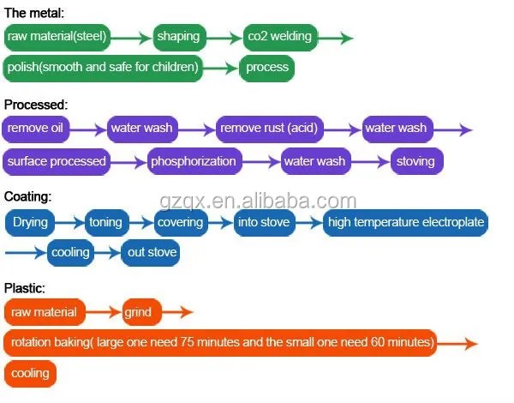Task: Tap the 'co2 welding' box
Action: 279,37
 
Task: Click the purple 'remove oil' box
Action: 35,129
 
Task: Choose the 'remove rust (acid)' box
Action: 269,129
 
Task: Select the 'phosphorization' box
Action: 193,160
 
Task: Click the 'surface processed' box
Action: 57,160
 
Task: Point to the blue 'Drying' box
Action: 31,223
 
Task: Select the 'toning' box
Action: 106,223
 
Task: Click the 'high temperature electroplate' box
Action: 406,223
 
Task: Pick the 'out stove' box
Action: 152,252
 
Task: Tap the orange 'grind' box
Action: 139,312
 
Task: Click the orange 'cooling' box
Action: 31,374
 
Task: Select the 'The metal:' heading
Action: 33,13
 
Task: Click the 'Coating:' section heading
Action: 27,196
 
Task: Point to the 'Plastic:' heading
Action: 25,288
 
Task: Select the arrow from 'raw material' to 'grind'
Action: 104,313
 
